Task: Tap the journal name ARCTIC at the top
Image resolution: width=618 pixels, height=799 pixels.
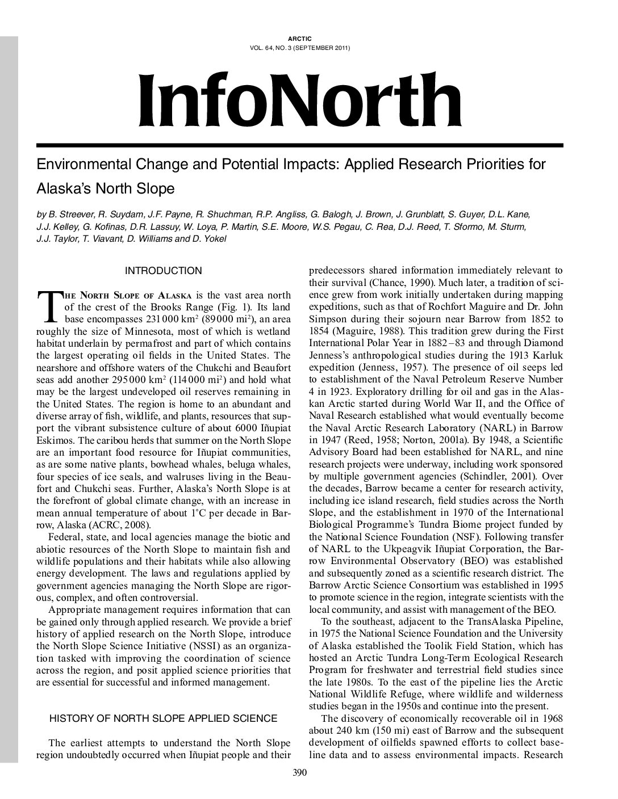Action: (299, 39)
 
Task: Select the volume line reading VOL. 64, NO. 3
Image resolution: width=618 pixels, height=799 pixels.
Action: (299, 48)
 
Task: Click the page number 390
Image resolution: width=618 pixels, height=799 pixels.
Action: (299, 772)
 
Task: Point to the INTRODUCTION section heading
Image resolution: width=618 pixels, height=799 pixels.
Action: (163, 271)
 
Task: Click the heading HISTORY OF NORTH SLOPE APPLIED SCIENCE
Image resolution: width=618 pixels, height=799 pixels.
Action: (164, 718)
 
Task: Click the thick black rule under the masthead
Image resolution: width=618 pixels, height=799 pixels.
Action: (299, 145)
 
